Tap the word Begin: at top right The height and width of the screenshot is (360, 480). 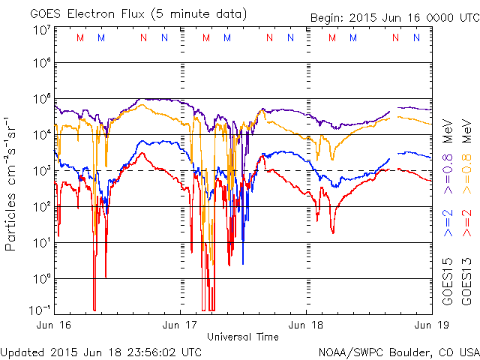pyautogui.click(x=327, y=18)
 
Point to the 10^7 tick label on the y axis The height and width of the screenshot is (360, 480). pyautogui.click(x=41, y=30)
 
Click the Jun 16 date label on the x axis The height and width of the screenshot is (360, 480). pyautogui.click(x=54, y=325)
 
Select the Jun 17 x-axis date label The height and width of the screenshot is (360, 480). pyautogui.click(x=180, y=325)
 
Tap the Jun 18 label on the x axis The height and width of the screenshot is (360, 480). pyautogui.click(x=306, y=325)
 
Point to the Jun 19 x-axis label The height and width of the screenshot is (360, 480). pyautogui.click(x=429, y=325)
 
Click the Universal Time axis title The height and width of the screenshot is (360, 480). pyautogui.click(x=243, y=337)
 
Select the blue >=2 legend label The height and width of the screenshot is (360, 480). pyautogui.click(x=448, y=226)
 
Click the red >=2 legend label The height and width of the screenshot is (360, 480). pyautogui.click(x=466, y=226)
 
